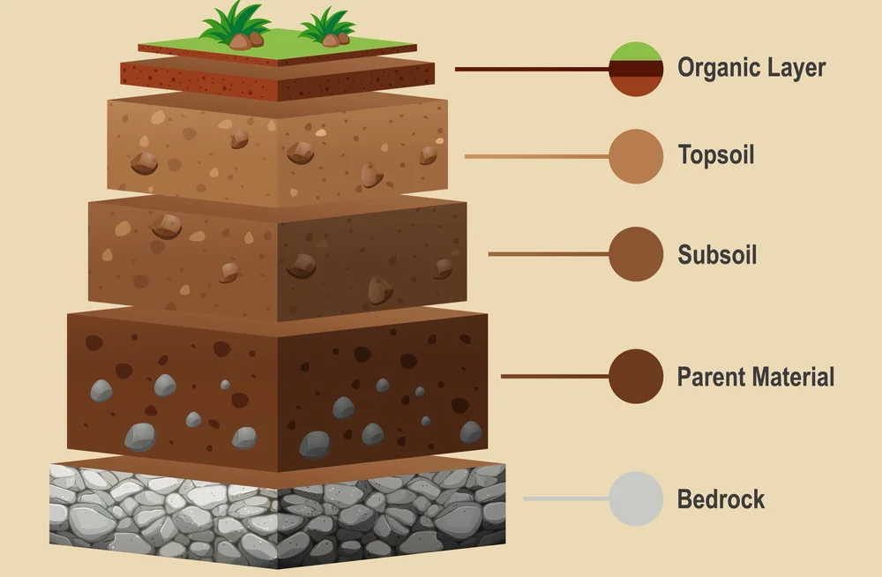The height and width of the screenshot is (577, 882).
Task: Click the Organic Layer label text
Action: click(x=751, y=68)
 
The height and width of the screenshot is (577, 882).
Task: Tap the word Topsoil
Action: click(x=716, y=156)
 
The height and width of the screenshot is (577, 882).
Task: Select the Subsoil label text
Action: click(x=717, y=255)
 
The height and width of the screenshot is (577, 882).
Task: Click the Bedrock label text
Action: click(x=721, y=499)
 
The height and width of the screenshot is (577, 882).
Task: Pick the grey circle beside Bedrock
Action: click(x=635, y=498)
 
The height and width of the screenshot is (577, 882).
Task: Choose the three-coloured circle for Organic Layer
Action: click(x=635, y=68)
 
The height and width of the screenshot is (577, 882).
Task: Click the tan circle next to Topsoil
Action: click(x=635, y=156)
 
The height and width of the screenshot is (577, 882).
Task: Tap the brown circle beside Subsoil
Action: click(x=635, y=254)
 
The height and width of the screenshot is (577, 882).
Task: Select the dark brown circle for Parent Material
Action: click(x=635, y=376)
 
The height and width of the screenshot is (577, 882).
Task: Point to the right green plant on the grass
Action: click(x=328, y=26)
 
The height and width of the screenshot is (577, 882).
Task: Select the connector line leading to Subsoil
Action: click(x=548, y=254)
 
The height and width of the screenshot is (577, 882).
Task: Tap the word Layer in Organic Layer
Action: click(x=796, y=68)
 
